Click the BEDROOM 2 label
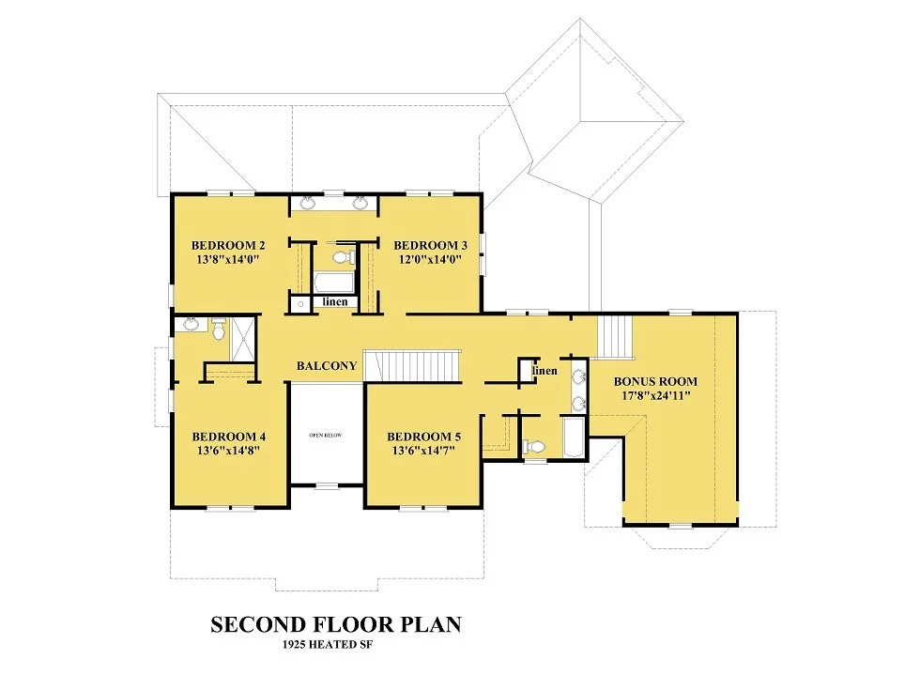pos(228,245)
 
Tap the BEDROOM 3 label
pos(430,245)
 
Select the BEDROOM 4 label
pos(229,437)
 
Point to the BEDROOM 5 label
pos(423,437)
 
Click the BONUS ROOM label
pos(655,381)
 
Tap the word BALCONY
pos(327,366)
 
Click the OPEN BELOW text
pos(326,436)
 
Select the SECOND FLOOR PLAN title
pos(336,624)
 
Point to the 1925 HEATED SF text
pos(328,644)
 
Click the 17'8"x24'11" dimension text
pos(656,395)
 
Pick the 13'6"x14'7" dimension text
pos(423,451)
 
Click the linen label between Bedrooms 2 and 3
pos(335,301)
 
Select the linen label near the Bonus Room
pos(544,371)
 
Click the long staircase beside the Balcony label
pos(412,366)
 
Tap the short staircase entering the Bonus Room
pos(616,337)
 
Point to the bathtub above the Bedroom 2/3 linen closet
pos(334,283)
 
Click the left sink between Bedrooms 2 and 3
pos(307,204)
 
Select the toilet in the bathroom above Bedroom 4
pos(219,330)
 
